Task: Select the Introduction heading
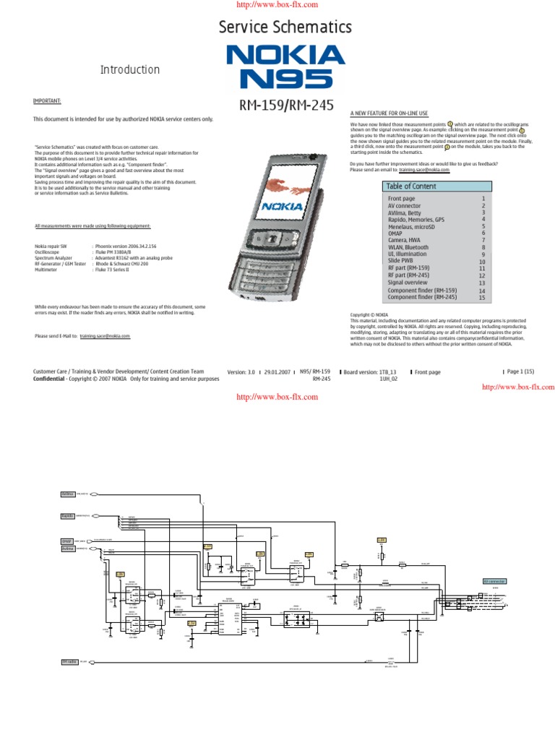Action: (x=129, y=70)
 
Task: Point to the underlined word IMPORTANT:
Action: (x=47, y=102)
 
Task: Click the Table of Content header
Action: (x=411, y=186)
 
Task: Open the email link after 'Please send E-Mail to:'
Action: (x=105, y=336)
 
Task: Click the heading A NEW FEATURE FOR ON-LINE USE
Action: (x=389, y=113)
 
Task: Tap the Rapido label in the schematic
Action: (x=68, y=516)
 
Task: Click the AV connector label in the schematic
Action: (x=494, y=582)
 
